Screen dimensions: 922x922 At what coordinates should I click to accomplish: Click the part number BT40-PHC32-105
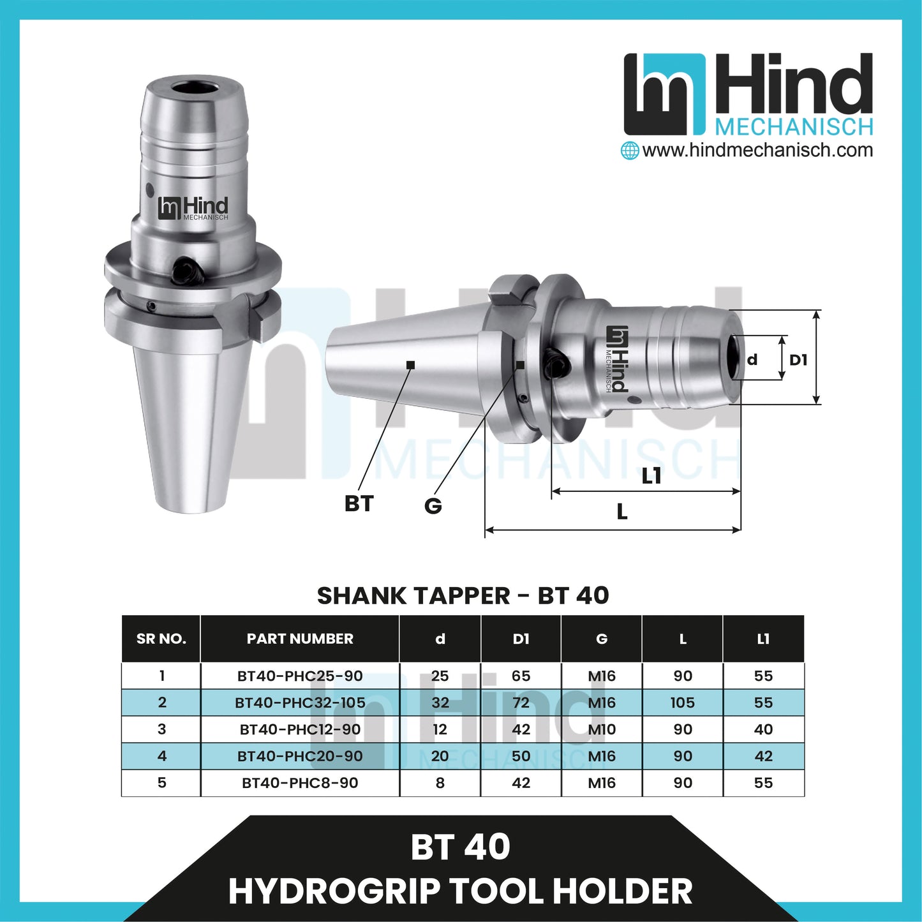(x=300, y=703)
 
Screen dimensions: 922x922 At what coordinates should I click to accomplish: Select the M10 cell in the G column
(x=602, y=729)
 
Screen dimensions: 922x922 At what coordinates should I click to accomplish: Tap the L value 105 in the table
(x=682, y=703)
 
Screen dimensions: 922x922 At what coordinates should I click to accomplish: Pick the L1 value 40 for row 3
(x=763, y=729)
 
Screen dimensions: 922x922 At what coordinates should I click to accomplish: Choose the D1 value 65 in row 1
(x=521, y=676)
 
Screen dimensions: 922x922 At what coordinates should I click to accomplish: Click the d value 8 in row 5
(x=440, y=783)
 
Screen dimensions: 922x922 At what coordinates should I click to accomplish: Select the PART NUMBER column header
(x=300, y=639)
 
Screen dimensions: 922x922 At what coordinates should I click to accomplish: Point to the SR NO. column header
(x=161, y=639)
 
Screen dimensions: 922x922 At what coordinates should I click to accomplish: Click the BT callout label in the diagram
(x=359, y=503)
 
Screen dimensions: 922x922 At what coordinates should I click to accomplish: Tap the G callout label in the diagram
(x=433, y=506)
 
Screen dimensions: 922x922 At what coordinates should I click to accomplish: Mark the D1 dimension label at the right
(x=798, y=360)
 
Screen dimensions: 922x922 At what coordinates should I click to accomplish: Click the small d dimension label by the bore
(x=752, y=360)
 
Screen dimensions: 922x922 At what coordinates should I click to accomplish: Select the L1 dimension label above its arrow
(x=651, y=475)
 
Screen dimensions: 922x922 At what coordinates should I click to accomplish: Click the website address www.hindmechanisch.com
(x=757, y=151)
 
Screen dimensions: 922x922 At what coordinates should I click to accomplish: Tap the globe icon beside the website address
(x=630, y=151)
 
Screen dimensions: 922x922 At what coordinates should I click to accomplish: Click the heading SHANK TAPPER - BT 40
(x=463, y=595)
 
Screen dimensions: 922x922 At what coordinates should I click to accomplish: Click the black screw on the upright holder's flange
(x=188, y=271)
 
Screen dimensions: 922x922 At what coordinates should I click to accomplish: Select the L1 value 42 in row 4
(x=763, y=756)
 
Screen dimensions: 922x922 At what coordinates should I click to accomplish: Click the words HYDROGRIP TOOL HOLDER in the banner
(x=461, y=891)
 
